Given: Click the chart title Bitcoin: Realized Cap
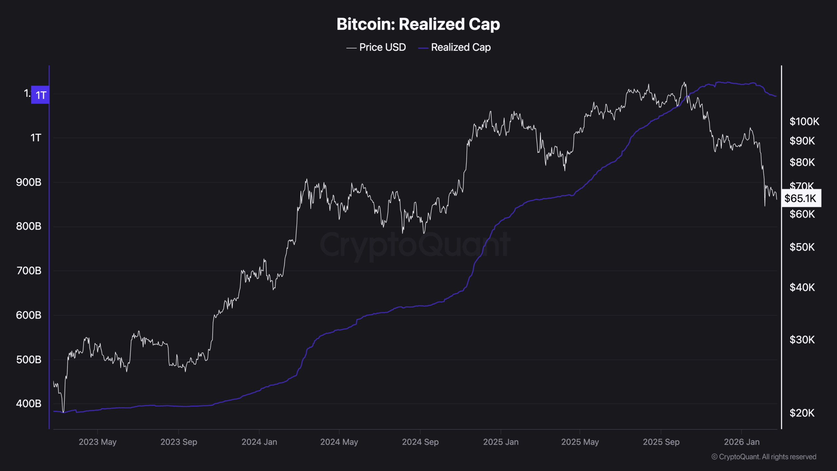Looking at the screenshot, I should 418,24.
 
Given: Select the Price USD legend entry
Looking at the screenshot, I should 376,47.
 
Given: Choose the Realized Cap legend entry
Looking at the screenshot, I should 454,47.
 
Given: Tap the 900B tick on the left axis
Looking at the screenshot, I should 29,182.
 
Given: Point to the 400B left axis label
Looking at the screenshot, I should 29,404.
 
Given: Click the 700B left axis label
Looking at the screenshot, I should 29,271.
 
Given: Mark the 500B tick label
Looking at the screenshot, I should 29,360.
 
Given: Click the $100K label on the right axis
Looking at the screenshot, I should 804,122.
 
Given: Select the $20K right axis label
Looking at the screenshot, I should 802,413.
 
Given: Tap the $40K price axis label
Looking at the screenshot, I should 802,288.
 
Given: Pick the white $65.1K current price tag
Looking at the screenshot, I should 801,198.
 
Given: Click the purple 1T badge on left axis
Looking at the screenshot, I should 40,95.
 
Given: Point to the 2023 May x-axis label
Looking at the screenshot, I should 97,442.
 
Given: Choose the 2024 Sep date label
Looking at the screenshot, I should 420,442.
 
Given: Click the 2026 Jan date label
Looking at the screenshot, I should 742,442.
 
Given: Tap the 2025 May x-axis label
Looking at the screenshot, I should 580,442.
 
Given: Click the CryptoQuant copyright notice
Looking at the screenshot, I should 764,457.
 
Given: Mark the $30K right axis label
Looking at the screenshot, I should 802,340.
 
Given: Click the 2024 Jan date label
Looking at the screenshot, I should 259,442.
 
